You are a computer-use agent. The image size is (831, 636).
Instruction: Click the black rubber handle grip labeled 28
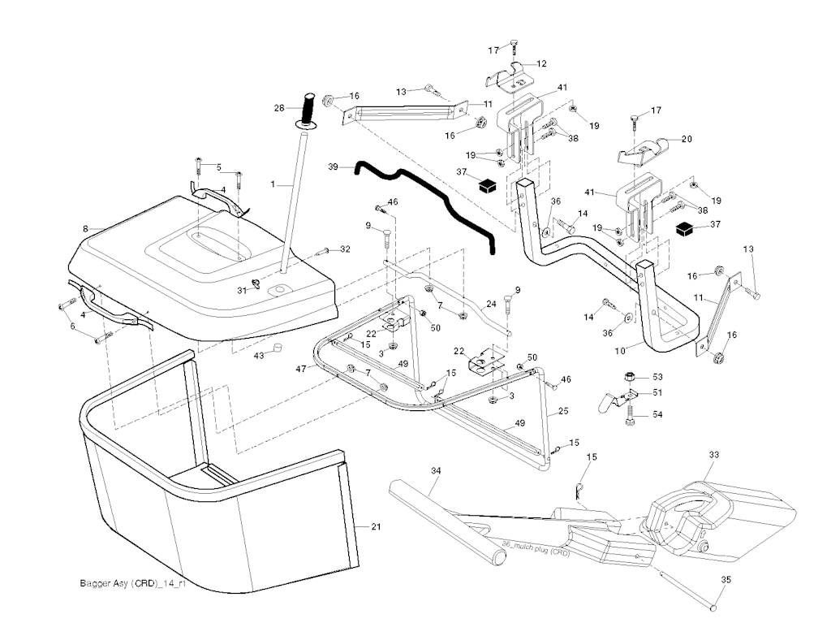click(x=309, y=106)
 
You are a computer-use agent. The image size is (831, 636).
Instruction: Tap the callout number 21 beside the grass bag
click(x=376, y=527)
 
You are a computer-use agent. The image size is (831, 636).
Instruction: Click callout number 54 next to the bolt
click(x=657, y=415)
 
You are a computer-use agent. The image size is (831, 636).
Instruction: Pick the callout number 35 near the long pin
click(x=726, y=580)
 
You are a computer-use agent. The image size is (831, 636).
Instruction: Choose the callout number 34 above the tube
click(x=436, y=470)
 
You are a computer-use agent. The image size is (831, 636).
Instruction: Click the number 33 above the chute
click(x=714, y=455)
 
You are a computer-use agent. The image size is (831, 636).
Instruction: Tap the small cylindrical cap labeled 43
click(x=276, y=348)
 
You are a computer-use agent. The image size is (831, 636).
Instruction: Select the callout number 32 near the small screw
click(x=345, y=249)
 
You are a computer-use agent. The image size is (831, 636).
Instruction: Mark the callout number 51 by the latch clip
click(x=657, y=392)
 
